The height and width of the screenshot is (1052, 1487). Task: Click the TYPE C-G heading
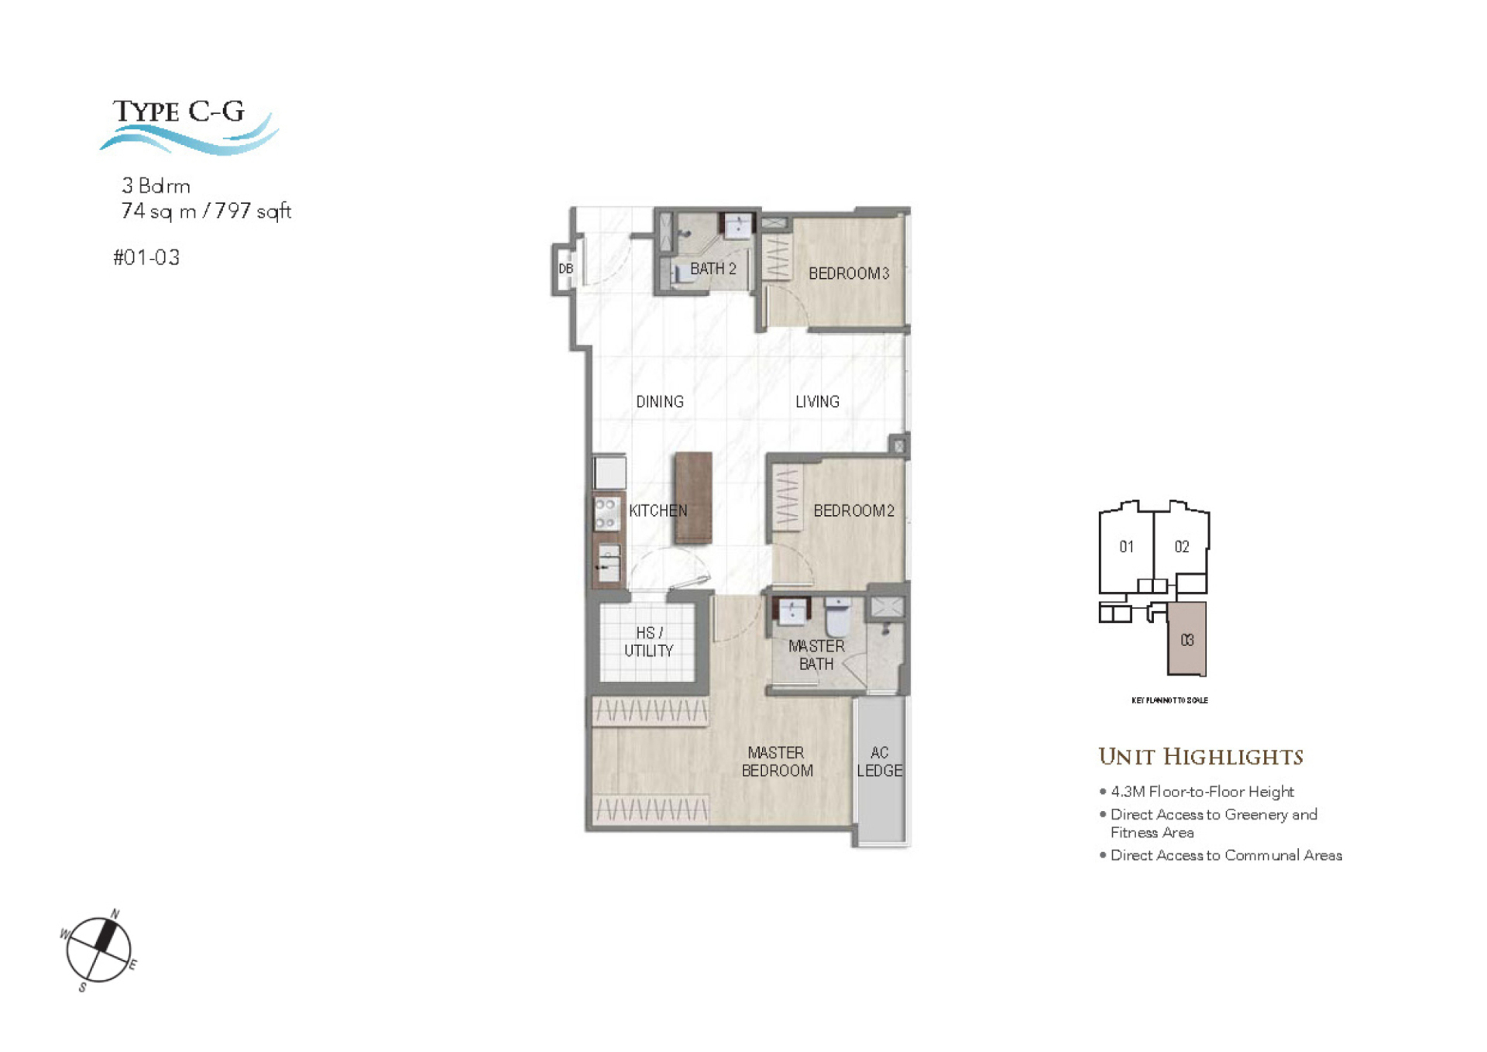coord(179,112)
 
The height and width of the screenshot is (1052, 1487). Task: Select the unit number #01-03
coord(146,258)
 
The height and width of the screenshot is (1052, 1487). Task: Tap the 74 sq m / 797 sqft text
coord(206,211)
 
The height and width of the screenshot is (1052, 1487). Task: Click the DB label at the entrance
coord(566,269)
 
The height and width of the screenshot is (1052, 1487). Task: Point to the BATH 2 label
coord(713,269)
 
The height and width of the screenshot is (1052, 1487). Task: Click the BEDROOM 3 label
coord(848,273)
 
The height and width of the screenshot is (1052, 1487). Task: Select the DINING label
coord(659,402)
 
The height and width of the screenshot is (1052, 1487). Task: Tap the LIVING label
coord(817,402)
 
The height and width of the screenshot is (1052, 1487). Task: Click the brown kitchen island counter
coord(693,498)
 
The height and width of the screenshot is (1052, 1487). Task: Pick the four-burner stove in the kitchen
coord(606,514)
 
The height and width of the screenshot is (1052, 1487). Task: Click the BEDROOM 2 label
coord(853,511)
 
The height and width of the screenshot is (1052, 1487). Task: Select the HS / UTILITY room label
coord(649,642)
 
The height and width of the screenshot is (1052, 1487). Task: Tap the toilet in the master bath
coord(838,617)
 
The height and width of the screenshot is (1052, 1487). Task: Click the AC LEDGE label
coord(879,762)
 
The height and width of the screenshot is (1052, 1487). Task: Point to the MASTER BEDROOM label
coord(777,762)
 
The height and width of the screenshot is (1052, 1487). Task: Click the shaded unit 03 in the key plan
coord(1187,640)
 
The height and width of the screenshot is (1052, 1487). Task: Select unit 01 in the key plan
coord(1126,547)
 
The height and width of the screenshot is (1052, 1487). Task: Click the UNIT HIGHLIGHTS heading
coord(1200,757)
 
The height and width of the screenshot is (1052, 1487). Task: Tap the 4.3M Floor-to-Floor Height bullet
coord(1201,792)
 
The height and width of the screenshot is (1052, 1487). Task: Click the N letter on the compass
coord(115,914)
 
